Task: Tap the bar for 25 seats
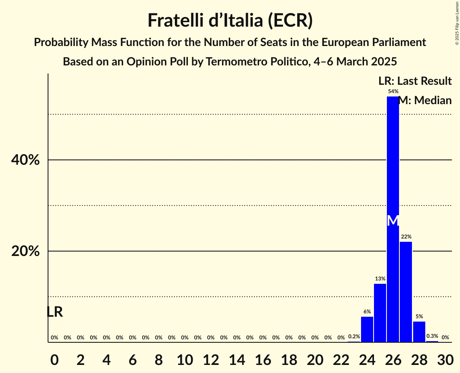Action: [x=380, y=313]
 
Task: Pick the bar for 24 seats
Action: [x=367, y=329]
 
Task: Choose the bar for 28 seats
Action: [x=419, y=332]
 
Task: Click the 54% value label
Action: [x=393, y=92]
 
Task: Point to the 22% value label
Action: [x=406, y=237]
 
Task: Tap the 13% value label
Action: [x=380, y=279]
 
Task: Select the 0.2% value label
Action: [x=354, y=337]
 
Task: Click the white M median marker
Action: [x=393, y=221]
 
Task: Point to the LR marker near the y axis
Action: [x=55, y=312]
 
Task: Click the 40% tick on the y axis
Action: [x=25, y=160]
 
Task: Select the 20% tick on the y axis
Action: [x=25, y=251]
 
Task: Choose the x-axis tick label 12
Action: [x=210, y=358]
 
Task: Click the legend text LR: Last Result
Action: [x=415, y=81]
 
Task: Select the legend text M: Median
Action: [x=425, y=101]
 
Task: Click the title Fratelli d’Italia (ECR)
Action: [x=230, y=20]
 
